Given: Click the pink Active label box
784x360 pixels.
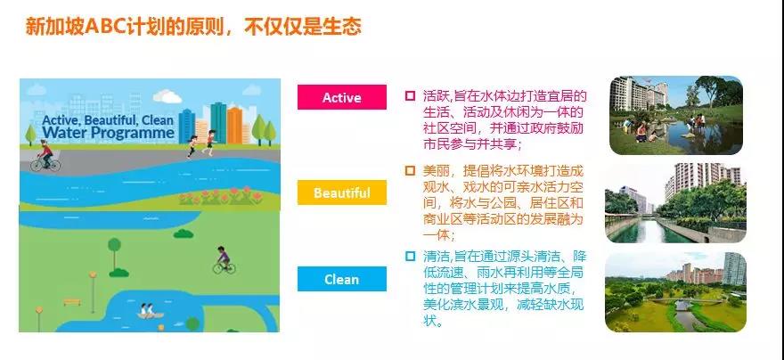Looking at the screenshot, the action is (342, 97).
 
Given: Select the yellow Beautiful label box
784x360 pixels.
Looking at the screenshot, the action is (342, 192).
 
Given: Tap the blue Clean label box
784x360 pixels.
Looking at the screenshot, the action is (342, 279).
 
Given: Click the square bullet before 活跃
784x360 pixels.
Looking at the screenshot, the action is (410, 95).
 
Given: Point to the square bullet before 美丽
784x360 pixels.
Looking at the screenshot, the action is (410, 170).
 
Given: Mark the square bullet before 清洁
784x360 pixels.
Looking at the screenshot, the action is (410, 257).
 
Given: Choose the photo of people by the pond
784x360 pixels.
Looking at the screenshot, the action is (676, 115).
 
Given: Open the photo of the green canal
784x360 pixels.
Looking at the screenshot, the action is (675, 202).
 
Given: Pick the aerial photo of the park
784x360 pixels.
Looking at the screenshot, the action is (675, 291).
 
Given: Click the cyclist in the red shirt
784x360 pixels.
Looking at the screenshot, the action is (45, 156).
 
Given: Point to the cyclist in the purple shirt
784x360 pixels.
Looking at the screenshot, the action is (224, 260).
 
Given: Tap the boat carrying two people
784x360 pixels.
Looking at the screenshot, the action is (151, 311).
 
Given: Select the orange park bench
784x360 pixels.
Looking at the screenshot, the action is (72, 302).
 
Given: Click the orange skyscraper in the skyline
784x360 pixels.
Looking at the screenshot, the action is (234, 125).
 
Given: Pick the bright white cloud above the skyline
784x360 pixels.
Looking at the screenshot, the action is (167, 96).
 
